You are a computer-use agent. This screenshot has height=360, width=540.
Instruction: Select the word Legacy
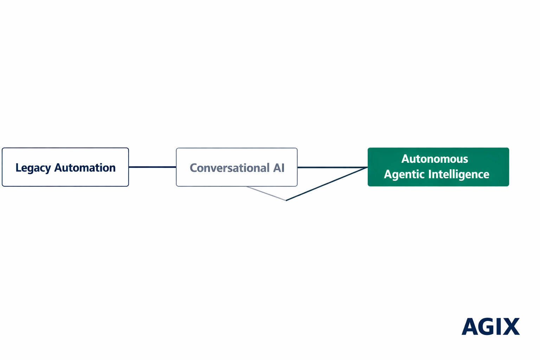click(33, 168)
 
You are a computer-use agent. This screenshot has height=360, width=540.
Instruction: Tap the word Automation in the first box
click(85, 168)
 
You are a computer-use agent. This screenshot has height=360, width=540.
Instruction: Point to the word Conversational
click(230, 168)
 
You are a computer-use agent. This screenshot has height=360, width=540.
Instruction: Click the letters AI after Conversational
click(279, 168)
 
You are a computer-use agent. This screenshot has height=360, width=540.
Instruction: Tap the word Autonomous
click(435, 159)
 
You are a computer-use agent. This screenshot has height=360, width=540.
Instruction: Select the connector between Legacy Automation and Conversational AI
click(152, 167)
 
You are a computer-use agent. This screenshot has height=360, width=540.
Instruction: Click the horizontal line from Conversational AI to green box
click(332, 167)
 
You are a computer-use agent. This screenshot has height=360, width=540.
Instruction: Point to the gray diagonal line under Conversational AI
click(266, 193)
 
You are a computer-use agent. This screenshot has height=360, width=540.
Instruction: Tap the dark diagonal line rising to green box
click(327, 184)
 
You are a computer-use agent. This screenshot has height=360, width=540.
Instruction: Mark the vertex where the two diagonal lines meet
click(286, 200)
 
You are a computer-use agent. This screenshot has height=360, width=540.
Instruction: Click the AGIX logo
click(490, 327)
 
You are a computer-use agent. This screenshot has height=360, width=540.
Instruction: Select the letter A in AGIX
click(470, 327)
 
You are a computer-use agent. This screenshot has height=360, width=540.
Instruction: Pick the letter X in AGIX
click(511, 327)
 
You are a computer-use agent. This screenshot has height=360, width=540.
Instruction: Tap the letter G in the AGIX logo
click(487, 327)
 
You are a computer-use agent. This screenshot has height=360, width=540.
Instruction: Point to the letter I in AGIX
click(499, 327)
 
